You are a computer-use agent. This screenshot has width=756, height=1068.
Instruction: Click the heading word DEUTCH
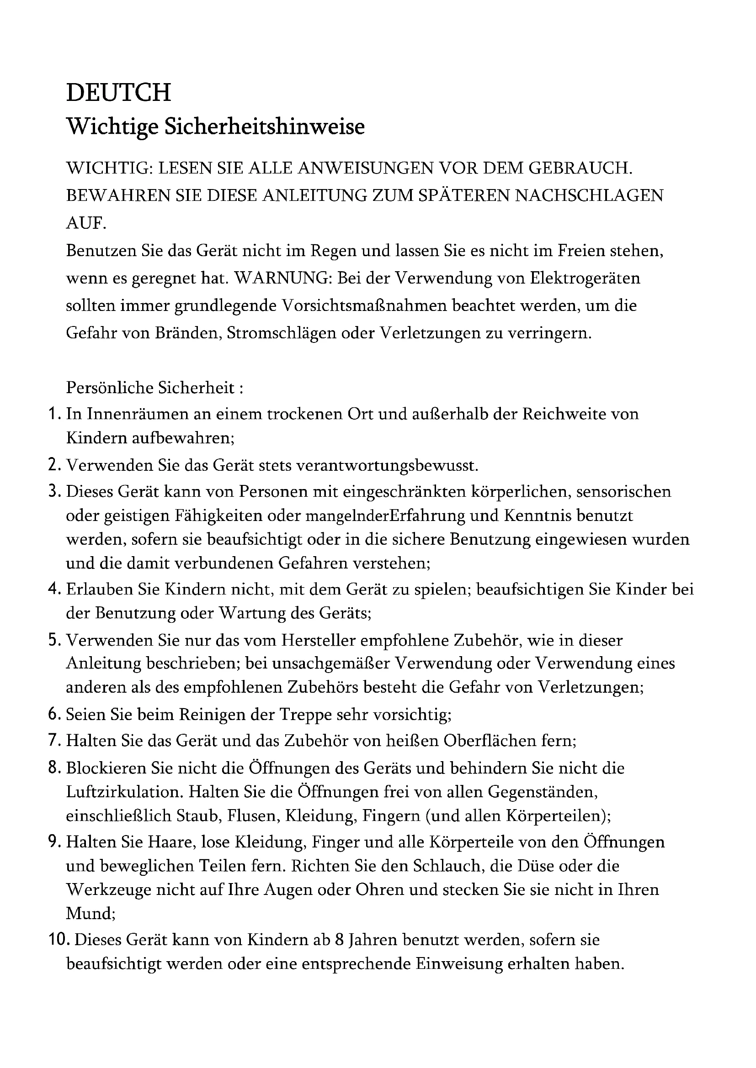[x=118, y=92]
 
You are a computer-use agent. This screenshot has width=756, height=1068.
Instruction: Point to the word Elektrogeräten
[x=585, y=278]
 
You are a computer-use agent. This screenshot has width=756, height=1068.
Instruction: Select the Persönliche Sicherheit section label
[x=154, y=388]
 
